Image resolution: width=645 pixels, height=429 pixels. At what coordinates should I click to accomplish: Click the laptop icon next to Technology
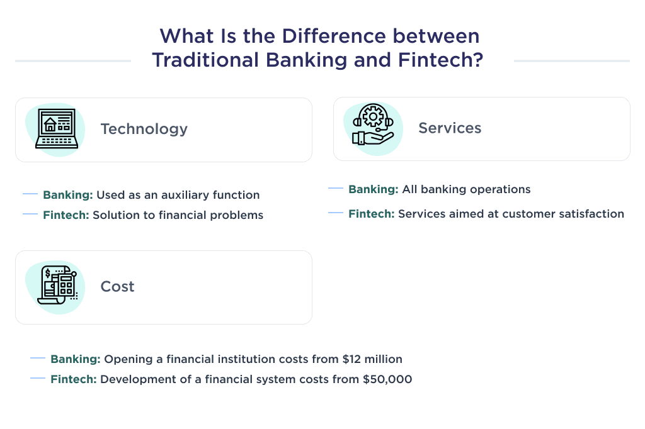(x=57, y=129)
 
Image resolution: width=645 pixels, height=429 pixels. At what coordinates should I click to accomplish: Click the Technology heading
(x=144, y=129)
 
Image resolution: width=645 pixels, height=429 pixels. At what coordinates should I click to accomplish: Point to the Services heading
(x=450, y=128)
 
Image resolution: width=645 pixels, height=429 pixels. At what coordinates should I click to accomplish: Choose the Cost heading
(x=117, y=287)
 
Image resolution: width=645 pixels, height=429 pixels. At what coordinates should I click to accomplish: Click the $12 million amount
(x=372, y=360)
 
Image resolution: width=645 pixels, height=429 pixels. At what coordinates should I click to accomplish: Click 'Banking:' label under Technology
(x=67, y=195)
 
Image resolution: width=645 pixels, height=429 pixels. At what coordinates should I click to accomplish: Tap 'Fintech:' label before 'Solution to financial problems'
(x=66, y=215)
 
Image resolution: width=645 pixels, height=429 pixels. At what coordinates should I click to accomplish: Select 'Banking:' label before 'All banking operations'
(x=373, y=189)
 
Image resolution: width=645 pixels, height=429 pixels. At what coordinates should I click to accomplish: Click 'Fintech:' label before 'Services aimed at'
(x=372, y=214)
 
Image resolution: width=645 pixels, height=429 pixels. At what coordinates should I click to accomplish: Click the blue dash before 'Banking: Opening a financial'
(x=38, y=359)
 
